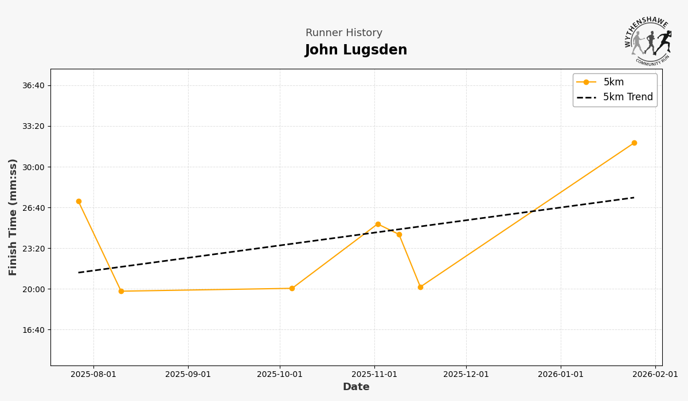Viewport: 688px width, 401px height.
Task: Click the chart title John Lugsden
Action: pos(355,50)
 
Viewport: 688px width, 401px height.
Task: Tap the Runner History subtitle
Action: pos(343,33)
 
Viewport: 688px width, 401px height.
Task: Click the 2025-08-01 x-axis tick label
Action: pos(93,375)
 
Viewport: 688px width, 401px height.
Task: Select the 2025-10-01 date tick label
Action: pos(280,375)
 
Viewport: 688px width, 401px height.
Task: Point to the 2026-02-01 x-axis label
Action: pos(655,375)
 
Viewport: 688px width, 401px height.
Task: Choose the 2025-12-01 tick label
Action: pos(466,375)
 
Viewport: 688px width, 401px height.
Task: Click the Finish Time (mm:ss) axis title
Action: pos(13,217)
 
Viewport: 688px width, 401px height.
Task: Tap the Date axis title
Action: pos(356,387)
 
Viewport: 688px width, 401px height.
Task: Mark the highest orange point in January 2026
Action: pos(634,143)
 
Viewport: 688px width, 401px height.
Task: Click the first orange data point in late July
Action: pos(79,202)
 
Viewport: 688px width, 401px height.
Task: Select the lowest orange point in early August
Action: pos(121,291)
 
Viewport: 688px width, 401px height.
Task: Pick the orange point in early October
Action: pos(292,288)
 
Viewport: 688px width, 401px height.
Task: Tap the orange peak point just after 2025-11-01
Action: pos(378,224)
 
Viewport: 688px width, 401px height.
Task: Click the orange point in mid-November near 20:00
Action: pos(420,287)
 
